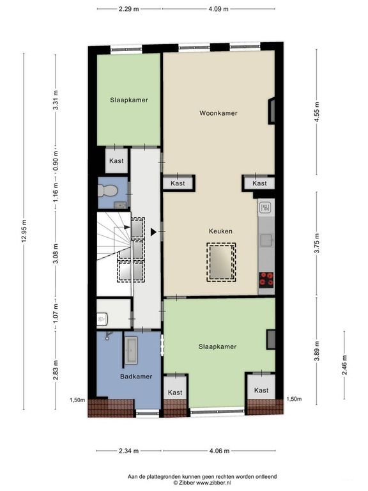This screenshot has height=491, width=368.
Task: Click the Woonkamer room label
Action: [218, 113]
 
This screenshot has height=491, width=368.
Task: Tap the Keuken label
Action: [220, 231]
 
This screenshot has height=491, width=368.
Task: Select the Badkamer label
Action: [136, 377]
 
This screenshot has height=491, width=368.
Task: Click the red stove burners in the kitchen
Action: [266, 279]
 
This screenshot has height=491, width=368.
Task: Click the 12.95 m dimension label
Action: [24, 231]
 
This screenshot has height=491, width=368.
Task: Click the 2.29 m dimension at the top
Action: [128, 9]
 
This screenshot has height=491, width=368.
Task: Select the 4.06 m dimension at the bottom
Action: [219, 451]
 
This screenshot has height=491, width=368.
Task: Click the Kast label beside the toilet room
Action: [116, 162]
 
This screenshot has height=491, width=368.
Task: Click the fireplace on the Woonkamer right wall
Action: [272, 110]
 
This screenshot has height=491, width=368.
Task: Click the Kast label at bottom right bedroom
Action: [261, 390]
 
